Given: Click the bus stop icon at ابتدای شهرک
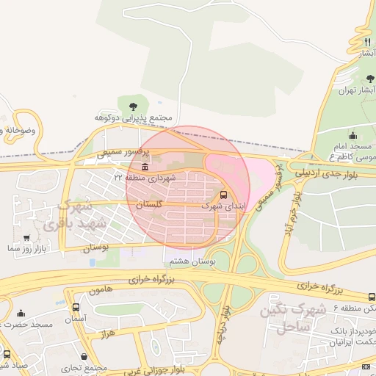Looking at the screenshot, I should coord(223,195).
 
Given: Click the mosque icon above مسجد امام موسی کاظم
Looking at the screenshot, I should coord(352,135).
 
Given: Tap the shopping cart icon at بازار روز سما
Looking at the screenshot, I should coord(26,238).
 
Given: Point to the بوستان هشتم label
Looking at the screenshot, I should coord(189,261).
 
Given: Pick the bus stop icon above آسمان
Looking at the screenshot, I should coord(76,307).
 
